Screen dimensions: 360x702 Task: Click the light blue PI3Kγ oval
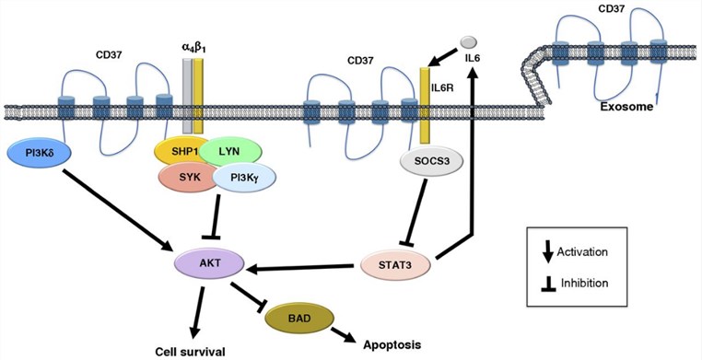237,177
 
